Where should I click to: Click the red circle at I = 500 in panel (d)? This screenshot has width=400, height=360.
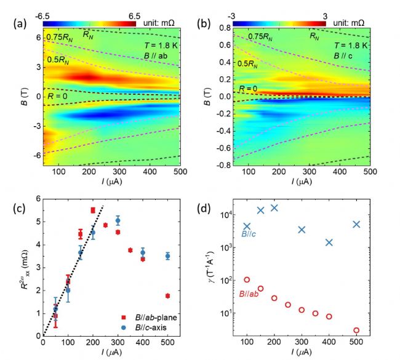pos(356,330)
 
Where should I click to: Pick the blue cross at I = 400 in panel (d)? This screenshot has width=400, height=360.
pos(329,242)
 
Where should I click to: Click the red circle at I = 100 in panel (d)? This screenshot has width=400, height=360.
pos(247,280)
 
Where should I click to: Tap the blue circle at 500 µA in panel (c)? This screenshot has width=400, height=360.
pos(167,256)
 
